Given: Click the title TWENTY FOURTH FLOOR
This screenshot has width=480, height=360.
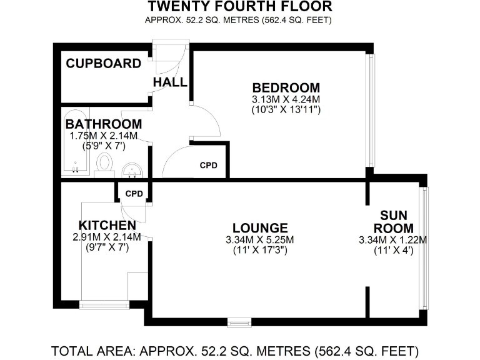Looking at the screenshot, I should click(240, 7).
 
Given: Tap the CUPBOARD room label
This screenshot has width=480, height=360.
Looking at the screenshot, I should click(104, 63).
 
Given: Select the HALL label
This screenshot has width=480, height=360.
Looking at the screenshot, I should click(170, 82).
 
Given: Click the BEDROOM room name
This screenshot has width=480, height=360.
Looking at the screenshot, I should click(286, 87).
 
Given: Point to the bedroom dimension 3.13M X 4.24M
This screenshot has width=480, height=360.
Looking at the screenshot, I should click(286, 99).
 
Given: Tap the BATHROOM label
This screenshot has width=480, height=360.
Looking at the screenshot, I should click(103, 124).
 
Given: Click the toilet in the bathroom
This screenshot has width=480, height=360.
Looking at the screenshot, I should click(105, 164).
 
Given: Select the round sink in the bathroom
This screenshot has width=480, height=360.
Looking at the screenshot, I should click(132, 169).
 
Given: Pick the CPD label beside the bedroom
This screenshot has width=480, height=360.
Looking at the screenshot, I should click(209, 166).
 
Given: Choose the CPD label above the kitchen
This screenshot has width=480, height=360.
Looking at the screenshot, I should click(134, 194).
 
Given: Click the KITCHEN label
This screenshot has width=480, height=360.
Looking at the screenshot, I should click(107, 225).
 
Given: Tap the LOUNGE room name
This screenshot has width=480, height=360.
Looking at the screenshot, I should click(259, 228).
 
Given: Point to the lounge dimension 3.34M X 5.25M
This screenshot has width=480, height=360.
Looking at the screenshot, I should click(259, 240).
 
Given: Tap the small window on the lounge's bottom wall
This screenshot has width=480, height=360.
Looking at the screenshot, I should click(237, 323).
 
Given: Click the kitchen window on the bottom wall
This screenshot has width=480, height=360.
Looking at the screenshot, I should click(100, 305).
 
